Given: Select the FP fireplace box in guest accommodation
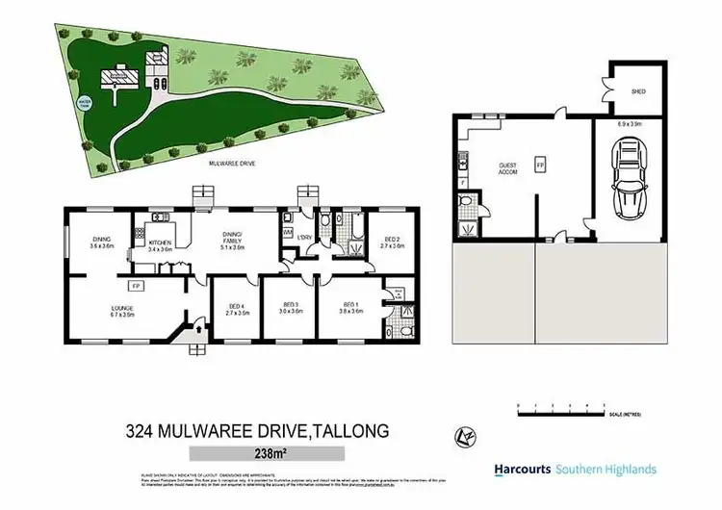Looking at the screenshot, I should [x=539, y=164].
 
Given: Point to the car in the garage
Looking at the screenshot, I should [x=631, y=180].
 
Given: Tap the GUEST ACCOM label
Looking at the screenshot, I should [x=507, y=168].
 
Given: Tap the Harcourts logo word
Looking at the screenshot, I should [x=523, y=470].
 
